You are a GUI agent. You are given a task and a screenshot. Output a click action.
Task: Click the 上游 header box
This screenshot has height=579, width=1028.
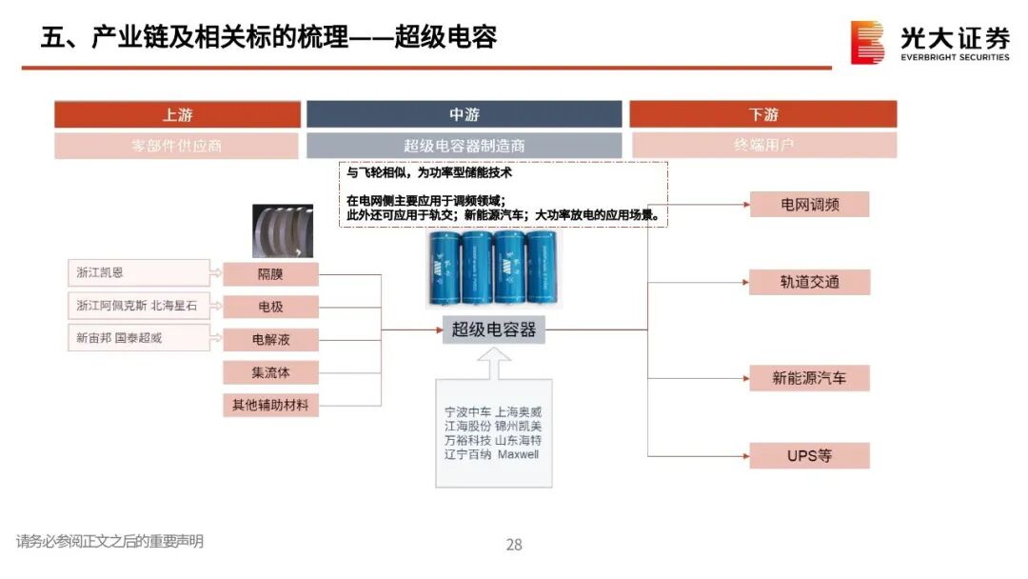coord(177,114)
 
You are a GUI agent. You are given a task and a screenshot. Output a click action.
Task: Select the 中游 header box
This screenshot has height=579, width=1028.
coord(464,114)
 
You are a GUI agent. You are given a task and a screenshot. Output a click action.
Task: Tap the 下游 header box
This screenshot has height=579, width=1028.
coord(762,114)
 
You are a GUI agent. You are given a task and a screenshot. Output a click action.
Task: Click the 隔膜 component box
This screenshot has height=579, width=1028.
coord(270,274)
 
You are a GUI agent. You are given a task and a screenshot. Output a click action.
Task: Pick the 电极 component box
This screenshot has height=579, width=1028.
coord(270,307)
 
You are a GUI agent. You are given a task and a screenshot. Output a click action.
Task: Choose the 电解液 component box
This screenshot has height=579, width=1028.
coord(270,339)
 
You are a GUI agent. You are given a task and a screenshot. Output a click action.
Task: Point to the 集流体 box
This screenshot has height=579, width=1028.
coord(270,372)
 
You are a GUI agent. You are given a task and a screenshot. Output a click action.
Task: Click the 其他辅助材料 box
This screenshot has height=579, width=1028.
coord(270,405)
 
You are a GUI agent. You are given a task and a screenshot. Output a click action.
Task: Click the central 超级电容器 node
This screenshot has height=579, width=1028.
coord(493,329)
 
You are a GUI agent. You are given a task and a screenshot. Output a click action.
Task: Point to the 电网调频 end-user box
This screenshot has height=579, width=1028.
coord(809,205)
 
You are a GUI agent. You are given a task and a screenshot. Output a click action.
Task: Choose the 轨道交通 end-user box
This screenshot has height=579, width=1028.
coord(809,282)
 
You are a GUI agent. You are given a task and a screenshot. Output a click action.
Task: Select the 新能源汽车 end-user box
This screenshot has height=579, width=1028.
coord(809,378)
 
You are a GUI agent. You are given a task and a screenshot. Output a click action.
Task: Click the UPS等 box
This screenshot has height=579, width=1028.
coord(809,455)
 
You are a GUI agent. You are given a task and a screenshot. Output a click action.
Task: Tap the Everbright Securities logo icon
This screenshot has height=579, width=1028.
coord(867,43)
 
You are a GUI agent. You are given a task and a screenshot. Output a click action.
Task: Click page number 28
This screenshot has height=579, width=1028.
coord(514,545)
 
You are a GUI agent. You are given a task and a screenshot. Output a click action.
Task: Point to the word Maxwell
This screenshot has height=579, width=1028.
coord(518,454)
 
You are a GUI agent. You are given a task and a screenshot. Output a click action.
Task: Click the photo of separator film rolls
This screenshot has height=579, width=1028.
coord(284,230)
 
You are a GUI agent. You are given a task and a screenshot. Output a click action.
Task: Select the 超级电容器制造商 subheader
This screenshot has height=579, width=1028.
coord(464,146)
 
